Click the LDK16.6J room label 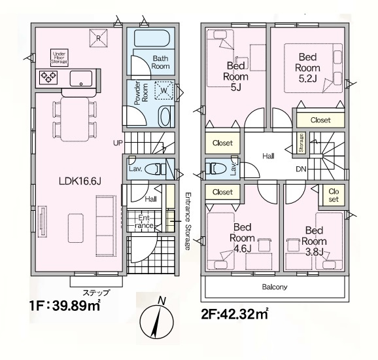point(80,181)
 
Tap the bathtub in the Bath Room point(152,38)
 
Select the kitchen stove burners point(48,77)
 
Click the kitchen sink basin point(80,79)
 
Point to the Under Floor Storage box point(59,58)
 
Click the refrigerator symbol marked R point(98,38)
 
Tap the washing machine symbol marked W point(164,90)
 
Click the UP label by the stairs point(118,143)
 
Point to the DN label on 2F point(301,169)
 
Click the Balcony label point(275,287)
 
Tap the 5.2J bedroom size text point(307,79)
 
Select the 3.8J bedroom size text point(314,252)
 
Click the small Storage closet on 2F point(301,143)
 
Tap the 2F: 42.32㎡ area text point(235,314)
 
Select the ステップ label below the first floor point(96,293)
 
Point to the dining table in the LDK point(75,119)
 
